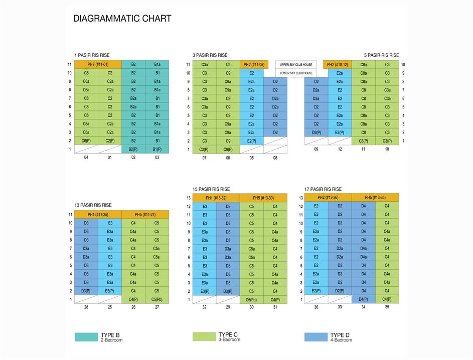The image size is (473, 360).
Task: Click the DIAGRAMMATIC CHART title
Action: [x=122, y=19]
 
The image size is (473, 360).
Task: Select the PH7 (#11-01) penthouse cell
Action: [x=98, y=64]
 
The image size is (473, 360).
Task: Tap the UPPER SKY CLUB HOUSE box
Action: [x=295, y=64]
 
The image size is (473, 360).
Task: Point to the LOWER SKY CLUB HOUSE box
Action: [x=295, y=73]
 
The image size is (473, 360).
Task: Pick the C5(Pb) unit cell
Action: [x=157, y=299]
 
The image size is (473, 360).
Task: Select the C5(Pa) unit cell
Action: [x=251, y=300]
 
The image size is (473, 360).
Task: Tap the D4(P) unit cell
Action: [x=363, y=299]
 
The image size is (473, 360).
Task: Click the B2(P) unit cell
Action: [x=133, y=149]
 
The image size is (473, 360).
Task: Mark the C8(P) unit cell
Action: [x=364, y=141]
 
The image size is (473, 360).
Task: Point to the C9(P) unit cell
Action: [x=228, y=149]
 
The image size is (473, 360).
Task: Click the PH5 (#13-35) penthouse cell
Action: [x=375, y=198]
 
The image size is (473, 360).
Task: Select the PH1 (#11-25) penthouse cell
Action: [x=98, y=214]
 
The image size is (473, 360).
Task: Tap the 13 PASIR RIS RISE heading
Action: [x=93, y=205]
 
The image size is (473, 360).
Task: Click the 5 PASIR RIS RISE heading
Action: [x=381, y=55]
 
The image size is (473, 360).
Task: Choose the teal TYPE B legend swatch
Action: [x=86, y=337]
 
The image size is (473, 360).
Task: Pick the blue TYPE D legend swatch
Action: [x=316, y=337]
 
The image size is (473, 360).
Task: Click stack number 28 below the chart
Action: [x=86, y=307]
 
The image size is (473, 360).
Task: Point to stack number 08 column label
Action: [x=275, y=158]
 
